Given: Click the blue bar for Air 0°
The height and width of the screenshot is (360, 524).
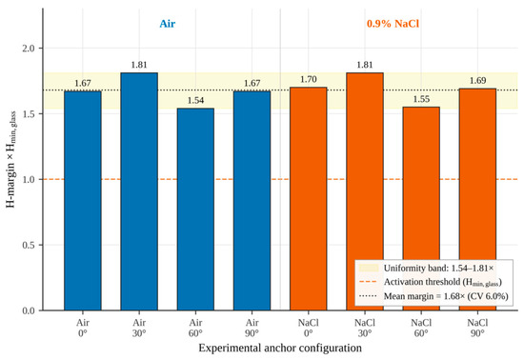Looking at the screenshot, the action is click(83, 201).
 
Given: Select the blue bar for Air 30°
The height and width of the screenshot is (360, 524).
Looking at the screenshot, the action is click(139, 191).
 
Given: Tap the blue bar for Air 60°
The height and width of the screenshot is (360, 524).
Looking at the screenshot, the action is click(195, 210).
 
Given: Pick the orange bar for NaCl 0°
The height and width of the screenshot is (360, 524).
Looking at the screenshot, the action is click(308, 199).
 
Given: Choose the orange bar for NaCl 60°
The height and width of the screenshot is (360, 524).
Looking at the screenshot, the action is click(421, 209).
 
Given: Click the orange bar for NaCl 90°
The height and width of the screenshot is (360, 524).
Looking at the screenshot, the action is click(477, 199).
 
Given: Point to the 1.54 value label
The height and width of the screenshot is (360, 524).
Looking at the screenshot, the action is click(195, 100).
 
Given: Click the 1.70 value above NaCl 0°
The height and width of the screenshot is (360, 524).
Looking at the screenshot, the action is click(308, 79).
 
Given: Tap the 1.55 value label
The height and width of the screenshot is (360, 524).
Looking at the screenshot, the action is click(421, 99).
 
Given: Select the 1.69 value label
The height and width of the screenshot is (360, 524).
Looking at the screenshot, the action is click(477, 81).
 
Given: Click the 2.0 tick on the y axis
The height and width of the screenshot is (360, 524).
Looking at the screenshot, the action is click(29, 49).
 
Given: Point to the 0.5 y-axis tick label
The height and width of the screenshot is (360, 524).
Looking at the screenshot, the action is click(29, 245).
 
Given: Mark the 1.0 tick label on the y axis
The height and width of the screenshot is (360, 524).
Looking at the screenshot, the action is click(29, 180).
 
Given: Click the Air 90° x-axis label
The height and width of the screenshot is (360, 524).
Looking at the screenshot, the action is click(252, 328).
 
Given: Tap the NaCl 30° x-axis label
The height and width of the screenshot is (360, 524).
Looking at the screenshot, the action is click(365, 328).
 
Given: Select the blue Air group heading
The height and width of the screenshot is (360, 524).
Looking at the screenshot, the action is click(168, 24).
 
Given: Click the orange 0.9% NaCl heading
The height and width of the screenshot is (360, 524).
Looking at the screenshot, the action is click(393, 24).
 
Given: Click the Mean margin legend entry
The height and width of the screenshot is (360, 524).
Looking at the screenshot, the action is click(433, 296).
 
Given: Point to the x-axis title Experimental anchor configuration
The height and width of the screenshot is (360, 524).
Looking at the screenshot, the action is click(280, 348).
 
